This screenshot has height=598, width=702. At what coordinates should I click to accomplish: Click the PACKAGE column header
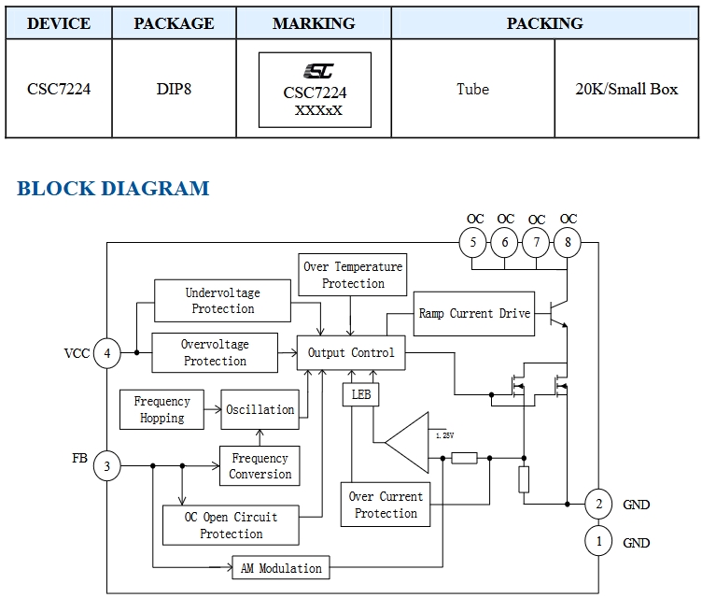click(x=174, y=23)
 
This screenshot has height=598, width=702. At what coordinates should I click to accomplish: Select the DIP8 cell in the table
click(x=174, y=90)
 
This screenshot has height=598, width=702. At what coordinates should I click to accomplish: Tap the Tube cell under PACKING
click(x=472, y=90)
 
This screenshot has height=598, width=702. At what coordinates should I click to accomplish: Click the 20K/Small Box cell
click(x=626, y=90)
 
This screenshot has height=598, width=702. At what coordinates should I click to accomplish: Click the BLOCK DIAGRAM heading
click(x=113, y=189)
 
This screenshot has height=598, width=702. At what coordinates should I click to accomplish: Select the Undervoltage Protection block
click(x=222, y=301)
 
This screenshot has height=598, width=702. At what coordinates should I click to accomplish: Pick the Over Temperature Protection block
click(x=353, y=275)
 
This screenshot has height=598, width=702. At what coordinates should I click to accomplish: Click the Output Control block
click(x=351, y=353)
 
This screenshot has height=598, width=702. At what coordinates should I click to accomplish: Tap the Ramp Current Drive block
click(x=474, y=314)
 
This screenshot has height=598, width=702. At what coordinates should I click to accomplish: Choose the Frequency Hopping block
click(x=162, y=410)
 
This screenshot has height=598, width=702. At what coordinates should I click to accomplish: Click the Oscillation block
click(x=260, y=409)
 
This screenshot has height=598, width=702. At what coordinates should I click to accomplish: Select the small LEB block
click(x=361, y=395)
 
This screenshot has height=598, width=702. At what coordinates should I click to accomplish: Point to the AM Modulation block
click(x=281, y=568)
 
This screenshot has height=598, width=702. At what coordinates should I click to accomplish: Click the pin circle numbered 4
click(x=107, y=353)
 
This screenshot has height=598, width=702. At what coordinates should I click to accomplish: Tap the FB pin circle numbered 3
click(x=107, y=466)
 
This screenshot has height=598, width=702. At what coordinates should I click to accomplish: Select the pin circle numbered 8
click(x=567, y=244)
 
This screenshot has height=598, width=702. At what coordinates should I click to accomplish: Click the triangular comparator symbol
click(x=407, y=442)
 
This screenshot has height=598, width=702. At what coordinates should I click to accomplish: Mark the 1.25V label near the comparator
click(x=443, y=435)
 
